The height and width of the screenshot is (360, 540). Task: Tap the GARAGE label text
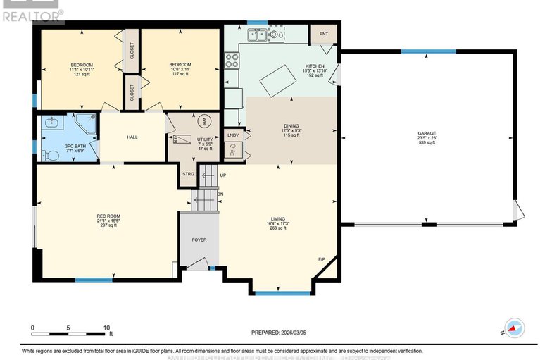(427, 134)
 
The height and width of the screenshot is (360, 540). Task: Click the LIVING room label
(276, 219)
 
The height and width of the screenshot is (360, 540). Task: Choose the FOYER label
(200, 240)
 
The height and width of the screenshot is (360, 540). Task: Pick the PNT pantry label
(324, 34)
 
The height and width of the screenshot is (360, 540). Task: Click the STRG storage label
(188, 173)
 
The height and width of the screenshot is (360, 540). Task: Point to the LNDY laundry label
(233, 134)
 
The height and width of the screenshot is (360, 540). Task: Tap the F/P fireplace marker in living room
(321, 259)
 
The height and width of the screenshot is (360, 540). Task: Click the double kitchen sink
(256, 34)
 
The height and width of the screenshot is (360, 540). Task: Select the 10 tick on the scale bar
(106, 328)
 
